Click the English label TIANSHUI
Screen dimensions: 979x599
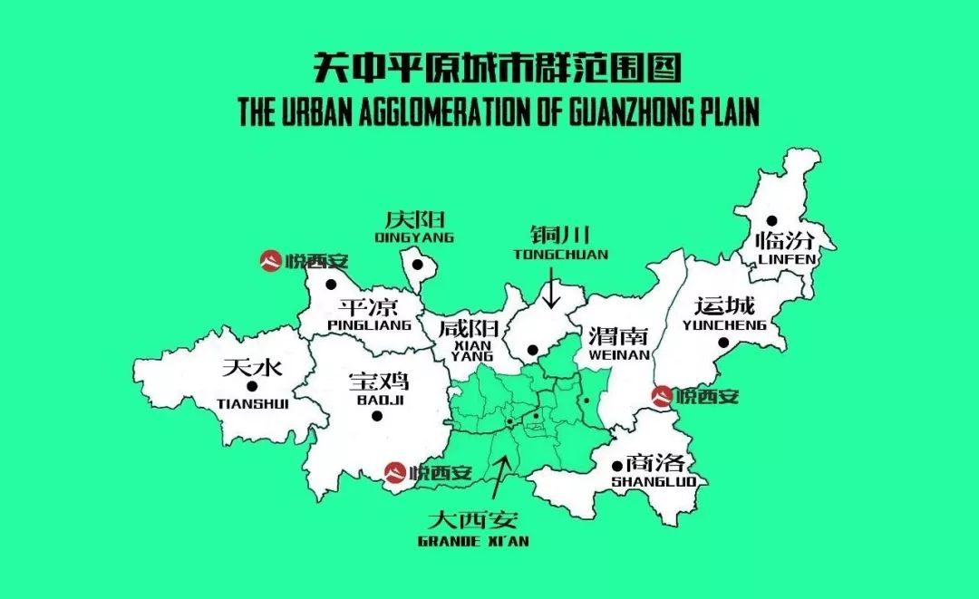click(x=253, y=404)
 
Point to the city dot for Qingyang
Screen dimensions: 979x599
click(x=417, y=266)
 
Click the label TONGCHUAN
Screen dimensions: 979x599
click(x=560, y=255)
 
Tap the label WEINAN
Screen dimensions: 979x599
click(x=619, y=355)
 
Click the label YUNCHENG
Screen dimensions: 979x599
click(x=724, y=324)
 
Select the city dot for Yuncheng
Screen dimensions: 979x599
click(x=722, y=343)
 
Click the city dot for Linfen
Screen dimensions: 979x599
click(x=771, y=220)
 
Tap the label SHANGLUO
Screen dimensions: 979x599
click(x=654, y=481)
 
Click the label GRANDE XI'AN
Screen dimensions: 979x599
click(x=473, y=541)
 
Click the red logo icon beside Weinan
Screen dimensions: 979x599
click(x=663, y=396)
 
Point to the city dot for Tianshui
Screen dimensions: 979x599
click(x=251, y=386)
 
